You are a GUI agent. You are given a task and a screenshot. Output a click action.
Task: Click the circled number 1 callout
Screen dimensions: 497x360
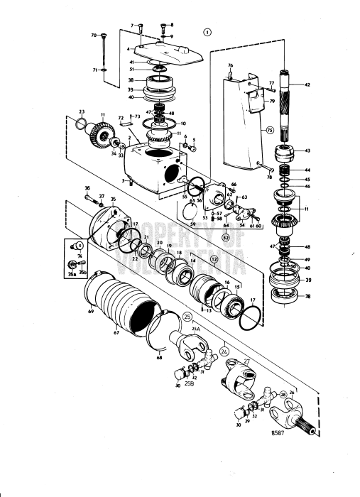point(207,32)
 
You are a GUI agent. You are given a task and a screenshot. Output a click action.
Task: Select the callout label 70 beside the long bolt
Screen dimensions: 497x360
point(94,35)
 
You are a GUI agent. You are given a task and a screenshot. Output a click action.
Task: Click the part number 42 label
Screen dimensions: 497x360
point(307,84)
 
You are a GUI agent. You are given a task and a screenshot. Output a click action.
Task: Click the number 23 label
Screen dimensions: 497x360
point(82,111)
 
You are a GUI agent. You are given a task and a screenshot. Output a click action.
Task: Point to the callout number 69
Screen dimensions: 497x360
point(90,312)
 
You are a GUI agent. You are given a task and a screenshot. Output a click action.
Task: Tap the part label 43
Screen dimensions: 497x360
point(307,150)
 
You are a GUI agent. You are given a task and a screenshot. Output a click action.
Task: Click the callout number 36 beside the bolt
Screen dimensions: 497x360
point(87,188)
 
